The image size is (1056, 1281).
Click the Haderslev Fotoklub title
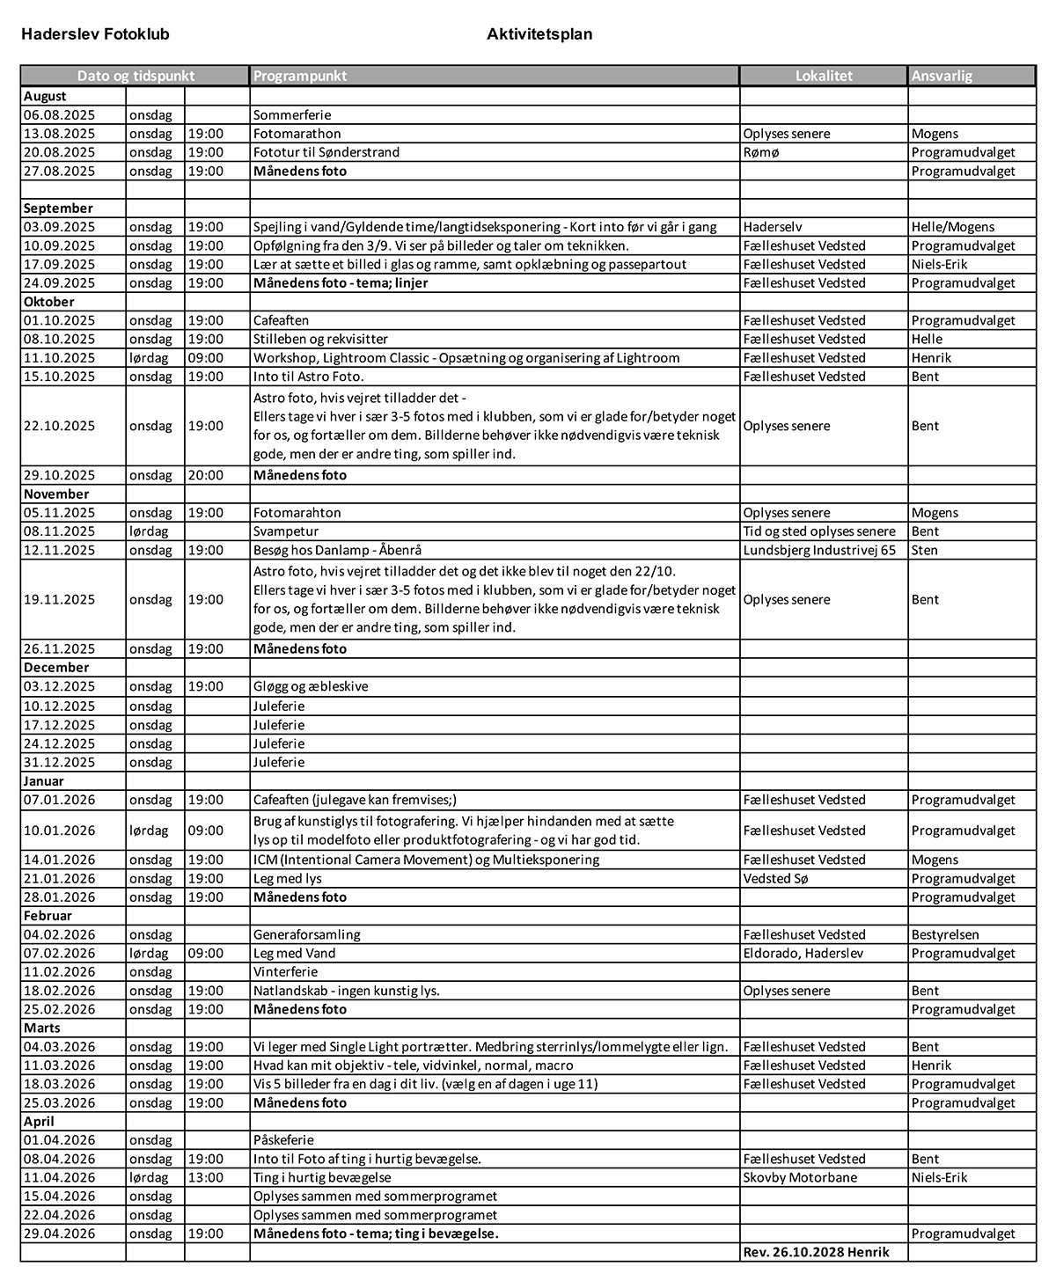pos(95,34)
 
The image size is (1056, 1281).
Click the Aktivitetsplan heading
pos(539,34)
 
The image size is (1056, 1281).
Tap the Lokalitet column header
pos(824,76)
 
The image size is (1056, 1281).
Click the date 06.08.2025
pos(60,115)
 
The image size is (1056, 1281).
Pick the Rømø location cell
pos(761,152)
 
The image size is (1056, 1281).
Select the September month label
pos(58,209)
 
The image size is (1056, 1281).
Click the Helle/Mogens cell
pos(953,227)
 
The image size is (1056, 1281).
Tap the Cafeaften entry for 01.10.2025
pos(282,320)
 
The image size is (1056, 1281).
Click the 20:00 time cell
pos(206,475)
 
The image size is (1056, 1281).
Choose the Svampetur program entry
pos(286,531)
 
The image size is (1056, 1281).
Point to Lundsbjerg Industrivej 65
pos(819,550)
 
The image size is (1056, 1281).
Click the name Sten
pos(925,550)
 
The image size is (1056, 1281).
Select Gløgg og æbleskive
pos(311,686)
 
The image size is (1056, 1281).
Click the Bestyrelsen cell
pos(945,934)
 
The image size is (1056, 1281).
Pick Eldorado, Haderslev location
pos(803,953)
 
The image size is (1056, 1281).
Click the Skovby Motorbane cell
pos(800,1177)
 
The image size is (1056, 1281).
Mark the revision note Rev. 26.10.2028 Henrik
pos(816,1252)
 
